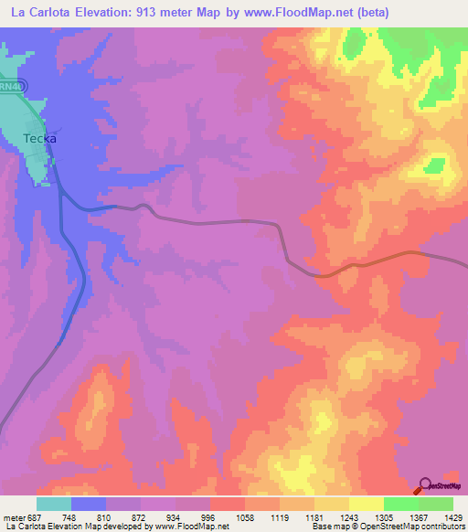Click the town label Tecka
[x=39, y=139]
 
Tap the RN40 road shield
[x=11, y=84]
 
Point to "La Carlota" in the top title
[x=37, y=13]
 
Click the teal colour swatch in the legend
[x=53, y=504]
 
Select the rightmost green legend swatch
[x=435, y=504]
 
